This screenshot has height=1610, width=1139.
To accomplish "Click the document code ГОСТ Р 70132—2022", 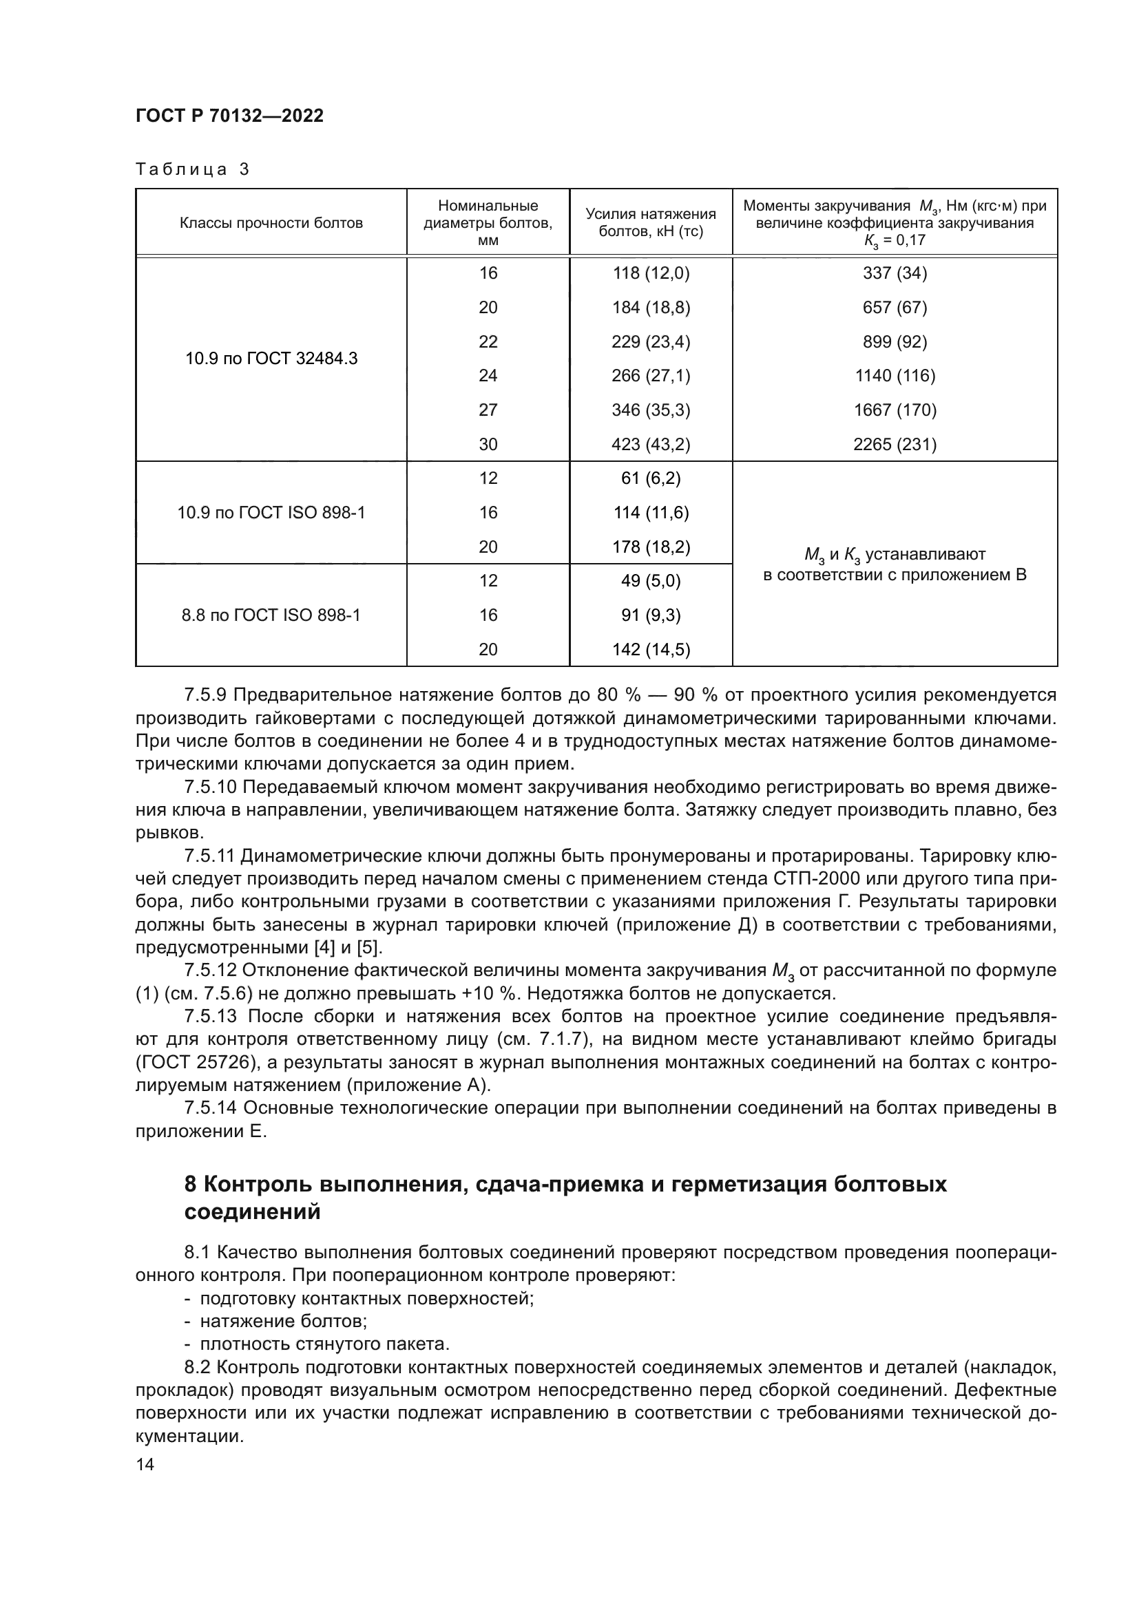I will tap(229, 116).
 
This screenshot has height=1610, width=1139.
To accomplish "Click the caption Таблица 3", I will tap(192, 170).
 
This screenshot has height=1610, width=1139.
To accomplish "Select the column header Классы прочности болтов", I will tap(271, 223).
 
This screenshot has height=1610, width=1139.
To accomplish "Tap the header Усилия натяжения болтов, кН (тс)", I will tap(650, 222).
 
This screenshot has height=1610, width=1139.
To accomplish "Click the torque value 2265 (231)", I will tap(895, 445).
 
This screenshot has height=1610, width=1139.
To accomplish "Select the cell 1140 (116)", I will tap(895, 376).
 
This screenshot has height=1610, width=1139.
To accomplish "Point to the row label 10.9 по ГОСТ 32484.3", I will tap(271, 359).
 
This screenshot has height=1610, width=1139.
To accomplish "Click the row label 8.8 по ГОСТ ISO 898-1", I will tap(271, 615).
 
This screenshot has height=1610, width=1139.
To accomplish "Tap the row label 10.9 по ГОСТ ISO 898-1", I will tap(271, 513).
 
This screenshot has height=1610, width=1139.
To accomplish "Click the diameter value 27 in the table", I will tap(488, 410).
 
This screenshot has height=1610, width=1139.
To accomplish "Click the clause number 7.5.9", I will tap(205, 695).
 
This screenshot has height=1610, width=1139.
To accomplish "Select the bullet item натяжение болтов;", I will tap(283, 1322).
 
